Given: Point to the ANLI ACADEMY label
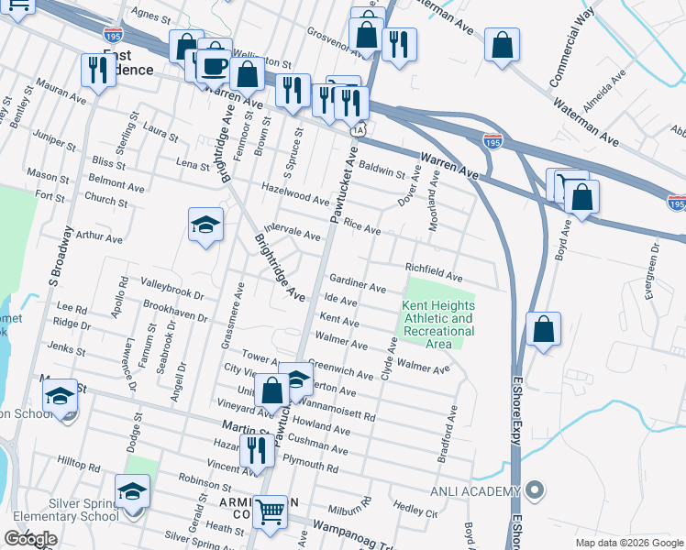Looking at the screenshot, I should coord(474,492).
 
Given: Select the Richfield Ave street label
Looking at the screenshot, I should coord(435,271).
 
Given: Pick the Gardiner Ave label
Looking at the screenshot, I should coord(358,283).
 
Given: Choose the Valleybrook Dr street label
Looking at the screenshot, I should coord(171,288).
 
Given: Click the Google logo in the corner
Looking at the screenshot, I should coord(30,538).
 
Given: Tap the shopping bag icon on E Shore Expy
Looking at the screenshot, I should coord(543,330).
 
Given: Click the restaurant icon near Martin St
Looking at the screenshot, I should coord(257,449).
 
